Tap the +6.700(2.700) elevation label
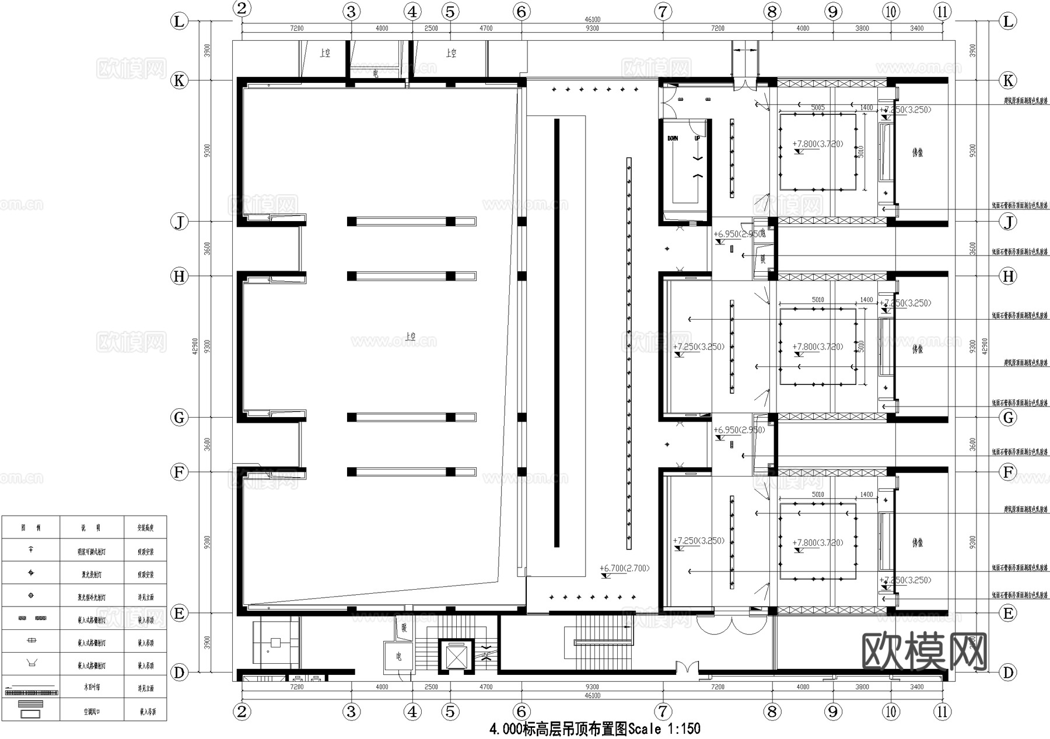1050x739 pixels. [624, 568]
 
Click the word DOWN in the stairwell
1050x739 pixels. [673, 138]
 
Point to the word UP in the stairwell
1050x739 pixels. [696, 138]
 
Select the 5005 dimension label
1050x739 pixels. [817, 107]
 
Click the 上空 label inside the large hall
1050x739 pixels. [410, 337]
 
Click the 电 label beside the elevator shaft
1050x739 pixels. [399, 657]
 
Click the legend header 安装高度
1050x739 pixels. [145, 528]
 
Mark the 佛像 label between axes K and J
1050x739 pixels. [917, 153]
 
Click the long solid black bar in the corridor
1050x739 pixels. [556, 332]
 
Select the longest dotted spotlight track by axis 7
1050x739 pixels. [629, 353]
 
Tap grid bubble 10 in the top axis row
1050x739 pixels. [891, 11]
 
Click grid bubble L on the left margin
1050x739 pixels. [178, 22]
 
